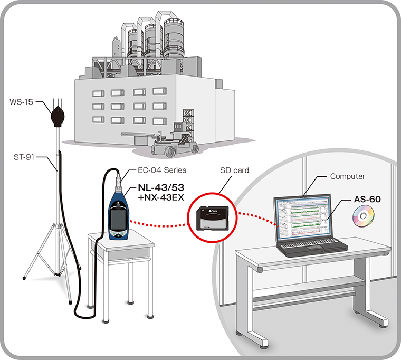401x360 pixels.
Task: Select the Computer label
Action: pyautogui.click(x=347, y=176)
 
